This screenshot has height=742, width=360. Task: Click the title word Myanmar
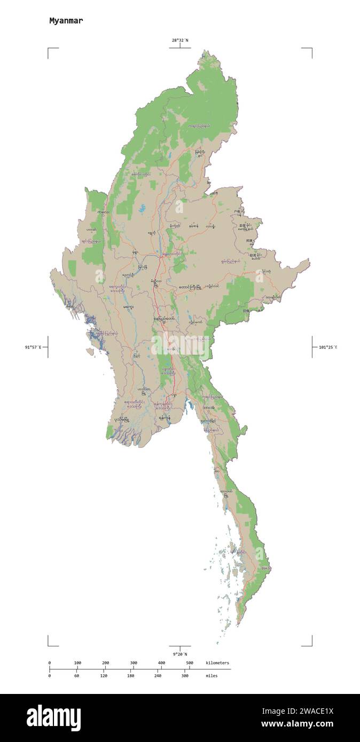pos(66,21)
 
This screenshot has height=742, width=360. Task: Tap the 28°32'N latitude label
pos(179,40)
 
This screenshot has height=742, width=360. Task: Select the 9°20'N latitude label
pos(179,654)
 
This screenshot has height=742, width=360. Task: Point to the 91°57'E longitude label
pos(33,347)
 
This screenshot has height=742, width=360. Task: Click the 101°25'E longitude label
pos(328,347)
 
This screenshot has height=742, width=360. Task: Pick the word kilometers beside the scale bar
pos(217,662)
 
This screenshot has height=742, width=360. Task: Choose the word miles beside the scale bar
pos(212,675)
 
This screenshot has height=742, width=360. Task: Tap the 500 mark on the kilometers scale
pos(189,662)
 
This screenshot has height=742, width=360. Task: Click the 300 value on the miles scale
pos(185,675)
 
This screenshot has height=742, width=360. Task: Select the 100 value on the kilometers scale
pos(77,662)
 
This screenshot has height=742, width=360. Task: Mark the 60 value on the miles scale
pos(76,675)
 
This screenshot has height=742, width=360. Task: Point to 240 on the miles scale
pos(158,675)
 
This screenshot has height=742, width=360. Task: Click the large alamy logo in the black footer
pos(53,717)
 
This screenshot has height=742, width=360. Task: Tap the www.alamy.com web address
pos(297,724)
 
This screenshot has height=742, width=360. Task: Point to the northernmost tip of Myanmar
pos(204,51)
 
